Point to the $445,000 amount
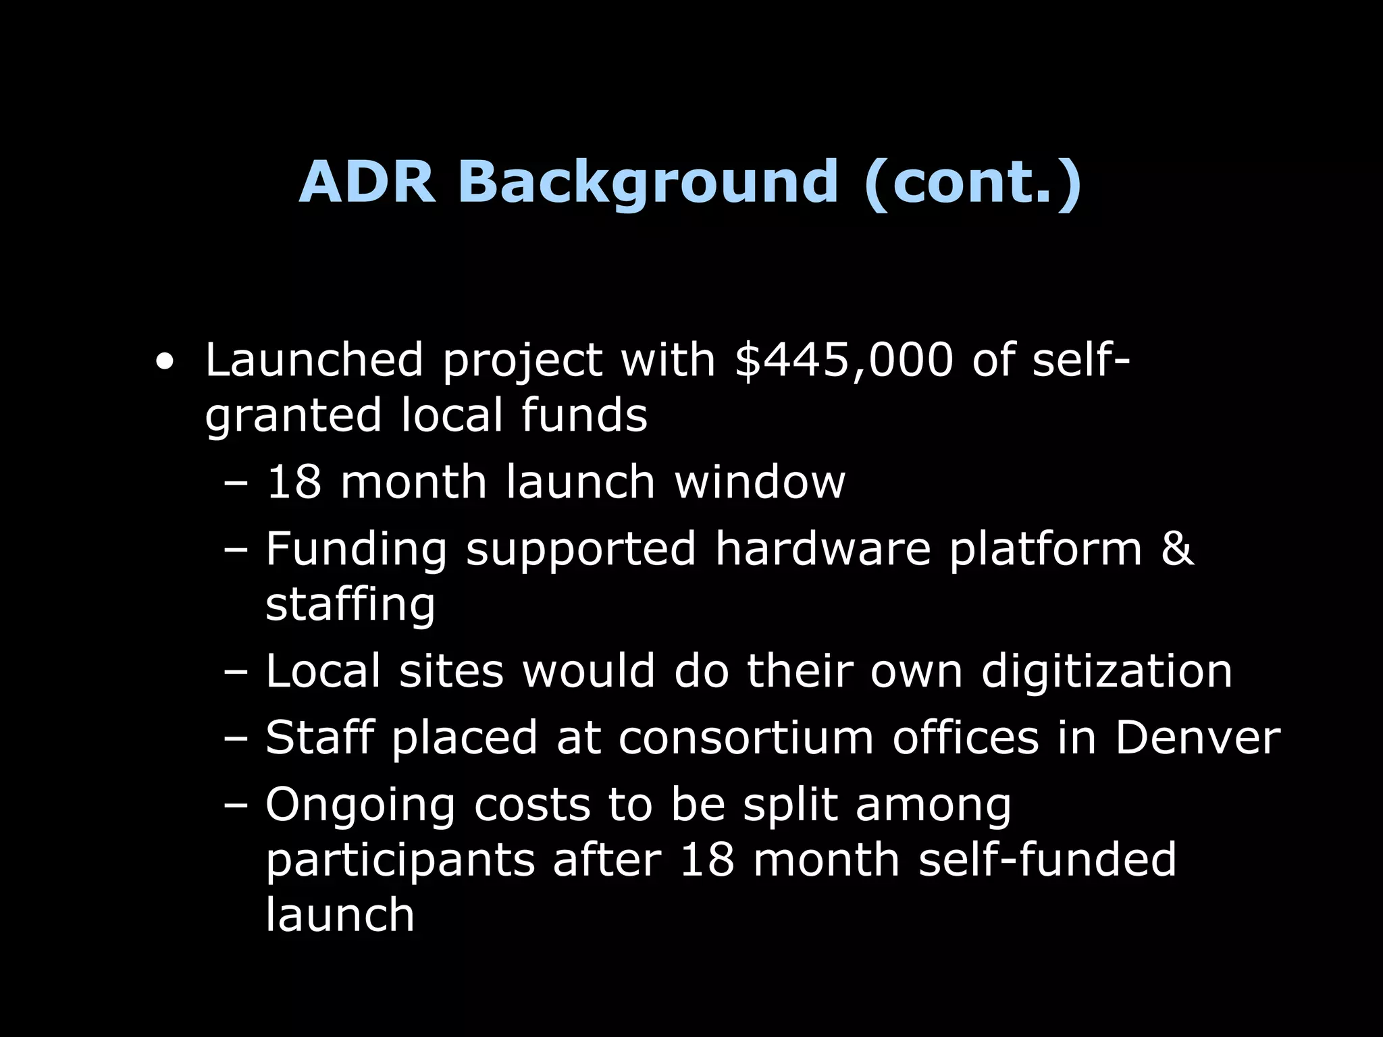click(844, 360)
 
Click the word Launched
click(314, 360)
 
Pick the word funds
click(584, 415)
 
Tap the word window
click(759, 482)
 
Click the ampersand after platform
click(1177, 548)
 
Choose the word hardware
click(823, 548)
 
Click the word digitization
click(1106, 672)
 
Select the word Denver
click(1197, 737)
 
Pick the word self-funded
click(1047, 859)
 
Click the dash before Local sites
click(236, 672)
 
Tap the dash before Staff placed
click(236, 739)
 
